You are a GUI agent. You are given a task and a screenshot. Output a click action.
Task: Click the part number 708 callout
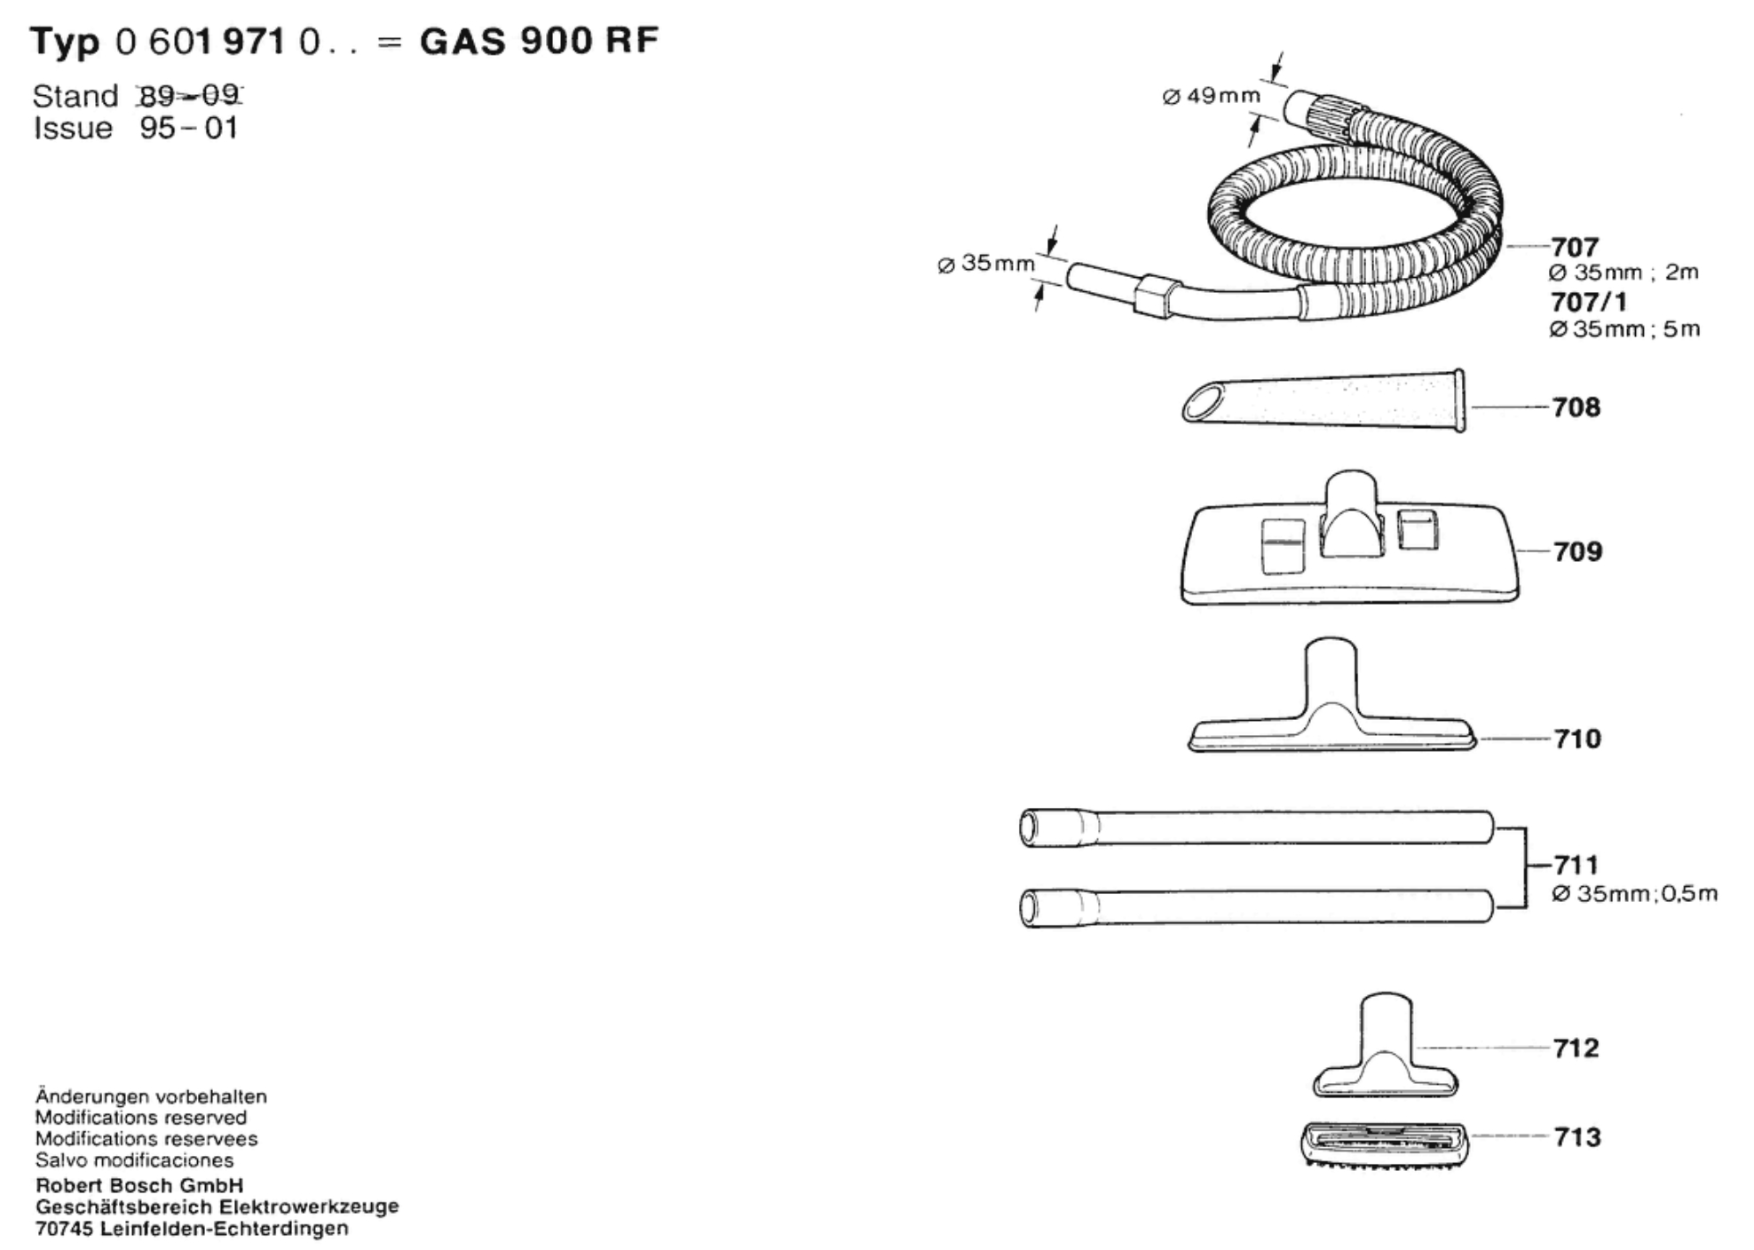coord(1576,407)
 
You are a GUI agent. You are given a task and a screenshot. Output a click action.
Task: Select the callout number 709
coord(1577,551)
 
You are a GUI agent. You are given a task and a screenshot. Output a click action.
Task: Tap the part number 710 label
coord(1577,739)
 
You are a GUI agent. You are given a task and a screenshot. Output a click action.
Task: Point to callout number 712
coord(1576,1048)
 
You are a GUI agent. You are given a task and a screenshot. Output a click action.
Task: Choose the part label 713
coord(1577,1137)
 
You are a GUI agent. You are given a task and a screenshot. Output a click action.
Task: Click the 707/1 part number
coord(1589,303)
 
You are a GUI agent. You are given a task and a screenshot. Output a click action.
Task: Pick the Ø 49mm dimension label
coord(1211,96)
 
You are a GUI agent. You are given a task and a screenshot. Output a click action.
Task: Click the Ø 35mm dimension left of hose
coord(985,264)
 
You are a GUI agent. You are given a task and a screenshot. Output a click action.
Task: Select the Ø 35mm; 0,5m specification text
coord(1633,894)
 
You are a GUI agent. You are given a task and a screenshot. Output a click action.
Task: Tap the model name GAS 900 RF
coord(539,42)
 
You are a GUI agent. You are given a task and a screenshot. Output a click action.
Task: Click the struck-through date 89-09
coord(189,95)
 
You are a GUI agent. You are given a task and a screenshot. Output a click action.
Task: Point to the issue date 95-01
coord(189,129)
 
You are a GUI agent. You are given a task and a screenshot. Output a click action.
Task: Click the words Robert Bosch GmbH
coord(139,1186)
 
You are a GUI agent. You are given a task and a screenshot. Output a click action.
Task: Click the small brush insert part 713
coord(1384,1143)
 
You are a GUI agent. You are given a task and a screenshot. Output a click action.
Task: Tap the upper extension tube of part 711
coord(1256,827)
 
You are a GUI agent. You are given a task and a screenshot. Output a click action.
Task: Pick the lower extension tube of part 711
coord(1256,907)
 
